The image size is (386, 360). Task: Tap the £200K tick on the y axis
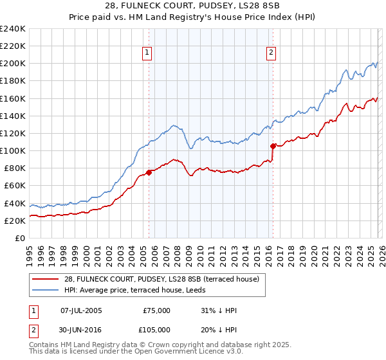click(x=13, y=64)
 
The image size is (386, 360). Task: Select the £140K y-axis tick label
click(x=13, y=116)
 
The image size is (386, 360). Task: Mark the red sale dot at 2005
click(x=149, y=172)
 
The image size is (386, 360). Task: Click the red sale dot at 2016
click(x=273, y=146)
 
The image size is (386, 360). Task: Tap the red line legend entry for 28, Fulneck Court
click(x=161, y=278)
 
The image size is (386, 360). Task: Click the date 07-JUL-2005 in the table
click(x=81, y=310)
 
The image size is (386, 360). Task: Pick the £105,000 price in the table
click(x=156, y=329)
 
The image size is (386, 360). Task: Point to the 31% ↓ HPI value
click(x=219, y=310)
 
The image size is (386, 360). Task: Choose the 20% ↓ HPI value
click(x=219, y=329)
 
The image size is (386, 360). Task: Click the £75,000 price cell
click(x=156, y=310)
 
